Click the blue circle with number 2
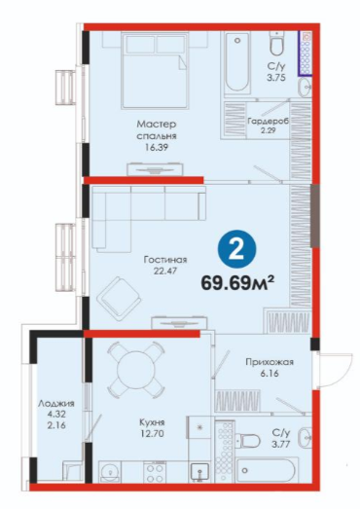236,249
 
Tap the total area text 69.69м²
238,283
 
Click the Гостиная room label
165,260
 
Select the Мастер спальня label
157,129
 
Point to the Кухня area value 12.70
152,433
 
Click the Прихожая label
270,362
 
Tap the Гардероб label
269,121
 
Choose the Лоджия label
56,404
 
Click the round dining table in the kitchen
136,370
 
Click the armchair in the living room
120,299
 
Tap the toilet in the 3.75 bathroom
276,44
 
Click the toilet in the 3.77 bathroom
249,441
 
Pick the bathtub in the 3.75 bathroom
238,62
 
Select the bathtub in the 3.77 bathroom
266,470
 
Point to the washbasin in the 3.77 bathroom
305,437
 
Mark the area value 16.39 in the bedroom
157,148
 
